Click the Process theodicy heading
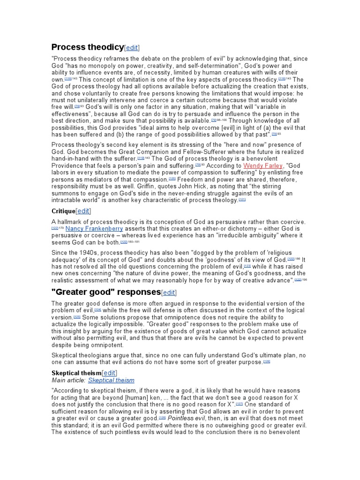87,47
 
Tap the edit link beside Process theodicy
132,48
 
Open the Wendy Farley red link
262,165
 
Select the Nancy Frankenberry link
94,228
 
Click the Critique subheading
63,211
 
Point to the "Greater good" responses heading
105,292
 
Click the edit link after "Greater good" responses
169,292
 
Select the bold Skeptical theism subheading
76,372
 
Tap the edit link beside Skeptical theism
109,372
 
